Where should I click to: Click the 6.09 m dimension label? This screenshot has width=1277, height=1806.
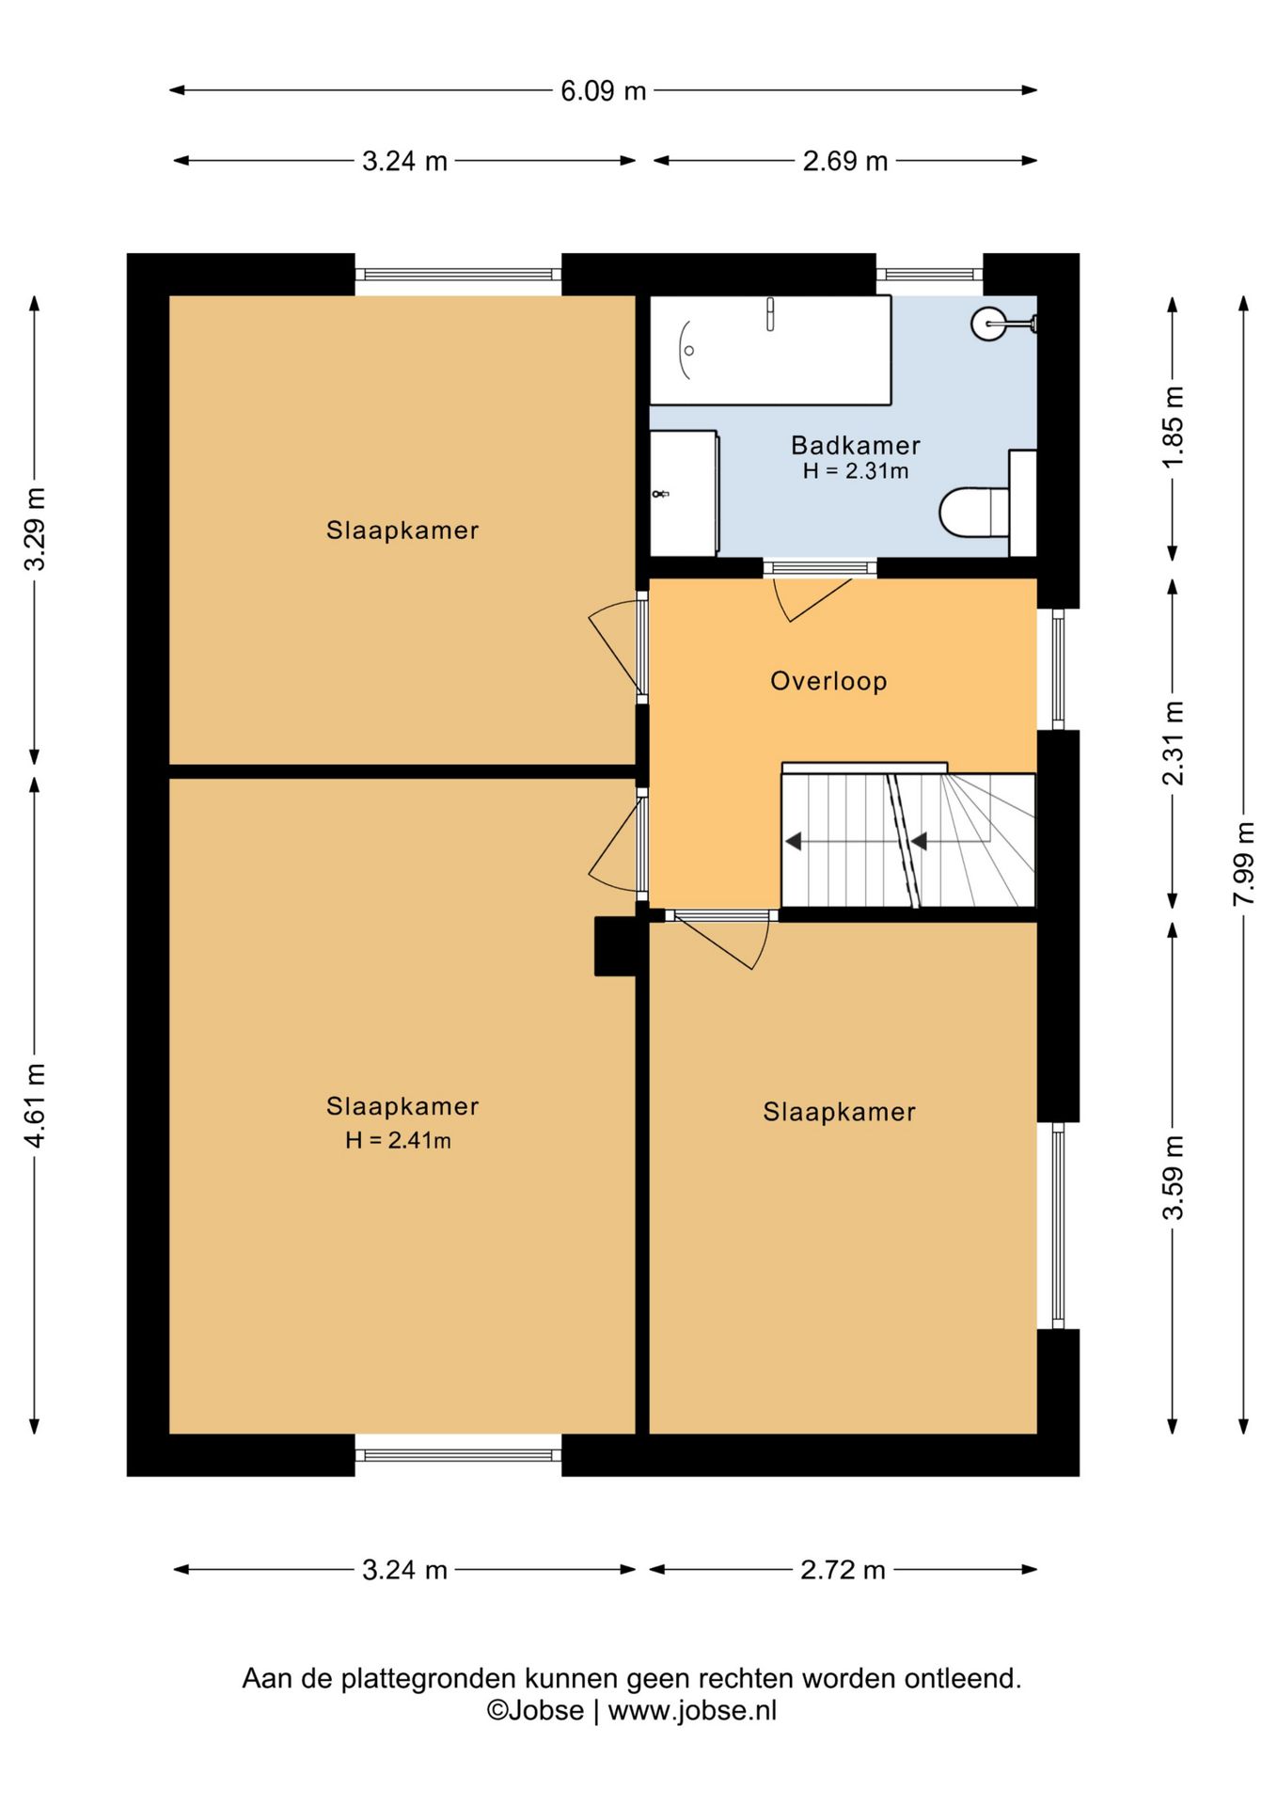click(603, 91)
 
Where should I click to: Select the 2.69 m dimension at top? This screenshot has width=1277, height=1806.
click(844, 161)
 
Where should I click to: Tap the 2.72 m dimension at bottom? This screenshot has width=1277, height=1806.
click(843, 1570)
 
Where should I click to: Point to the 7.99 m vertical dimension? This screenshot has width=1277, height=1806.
click(1244, 863)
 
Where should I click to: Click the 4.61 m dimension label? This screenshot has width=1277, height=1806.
click(35, 1104)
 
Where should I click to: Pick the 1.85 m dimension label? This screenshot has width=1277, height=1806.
click(1173, 426)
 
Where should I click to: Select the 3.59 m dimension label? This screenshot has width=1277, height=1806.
click(1173, 1177)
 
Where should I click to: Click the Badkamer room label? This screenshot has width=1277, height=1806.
click(855, 445)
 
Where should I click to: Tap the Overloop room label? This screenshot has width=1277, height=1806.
click(828, 681)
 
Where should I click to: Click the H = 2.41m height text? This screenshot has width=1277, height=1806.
click(398, 1141)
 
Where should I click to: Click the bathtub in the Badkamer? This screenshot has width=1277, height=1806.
click(769, 350)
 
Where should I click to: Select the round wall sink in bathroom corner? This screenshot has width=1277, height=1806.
click(988, 324)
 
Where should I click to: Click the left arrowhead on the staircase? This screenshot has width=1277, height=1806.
click(794, 841)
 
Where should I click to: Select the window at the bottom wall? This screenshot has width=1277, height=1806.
click(458, 1455)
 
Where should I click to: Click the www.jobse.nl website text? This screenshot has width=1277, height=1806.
click(692, 1710)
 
